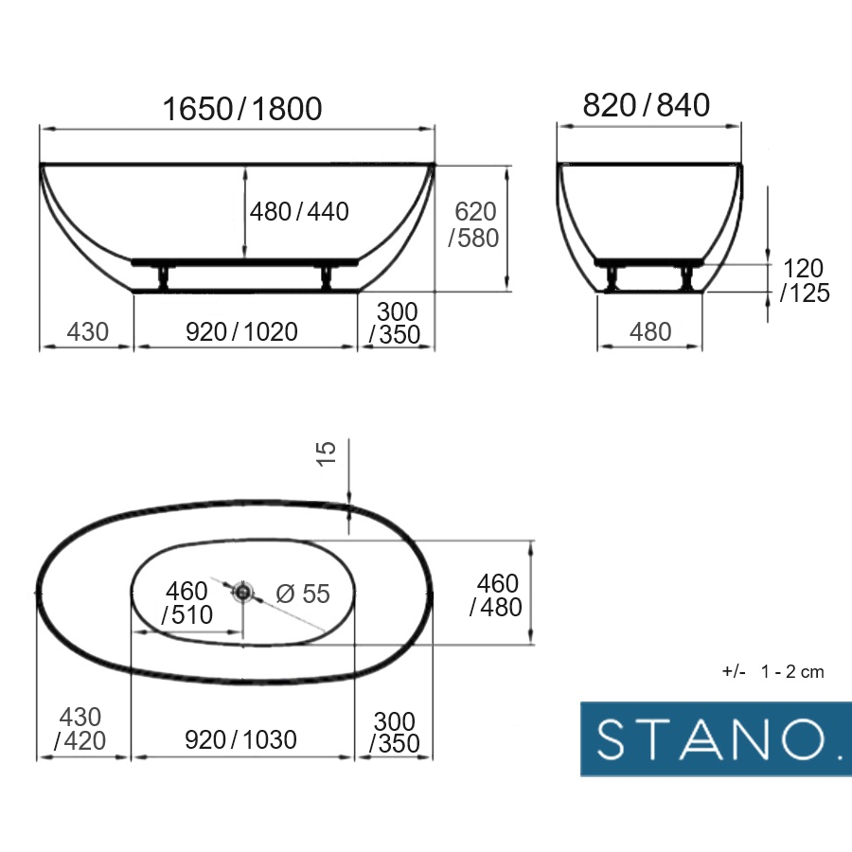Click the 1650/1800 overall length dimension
click(242, 109)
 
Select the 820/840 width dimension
click(646, 105)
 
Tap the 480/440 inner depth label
click(299, 211)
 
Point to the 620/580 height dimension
click(474, 224)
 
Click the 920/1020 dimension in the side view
click(241, 331)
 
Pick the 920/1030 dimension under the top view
click(240, 739)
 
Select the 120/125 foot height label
click(805, 280)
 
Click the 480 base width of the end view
click(650, 331)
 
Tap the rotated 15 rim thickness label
click(326, 453)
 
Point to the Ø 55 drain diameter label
click(303, 594)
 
